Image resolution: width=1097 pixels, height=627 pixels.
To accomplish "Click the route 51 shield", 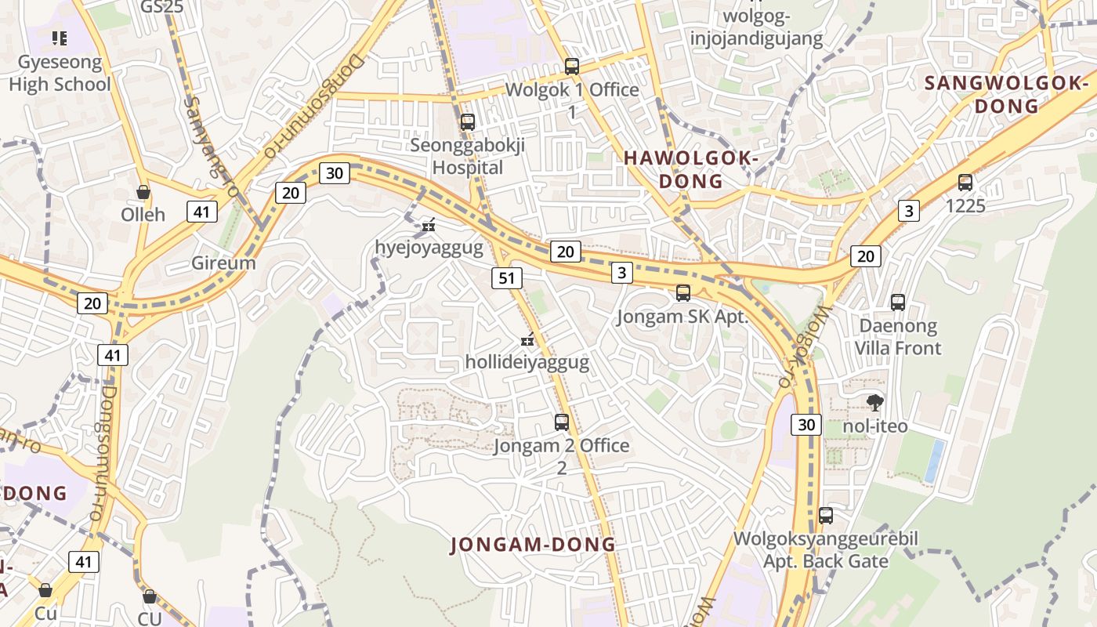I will click(507, 277).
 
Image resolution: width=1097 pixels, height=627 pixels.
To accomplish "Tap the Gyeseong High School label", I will click(60, 73).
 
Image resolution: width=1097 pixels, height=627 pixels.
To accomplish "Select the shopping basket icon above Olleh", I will click(143, 192).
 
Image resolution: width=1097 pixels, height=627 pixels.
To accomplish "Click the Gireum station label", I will click(223, 263).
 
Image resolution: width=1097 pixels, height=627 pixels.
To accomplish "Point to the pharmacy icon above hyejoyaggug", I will click(428, 226).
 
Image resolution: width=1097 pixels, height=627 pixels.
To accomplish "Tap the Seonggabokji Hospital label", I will click(468, 156).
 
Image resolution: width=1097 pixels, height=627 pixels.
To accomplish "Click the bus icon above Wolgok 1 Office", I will click(572, 67).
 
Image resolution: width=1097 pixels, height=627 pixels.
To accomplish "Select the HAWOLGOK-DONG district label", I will click(691, 169).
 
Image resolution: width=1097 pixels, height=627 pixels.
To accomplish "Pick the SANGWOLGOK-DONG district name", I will click(1007, 94).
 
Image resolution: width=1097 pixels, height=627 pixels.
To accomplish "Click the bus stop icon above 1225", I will click(965, 183).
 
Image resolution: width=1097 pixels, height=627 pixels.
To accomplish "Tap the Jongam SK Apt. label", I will click(682, 317).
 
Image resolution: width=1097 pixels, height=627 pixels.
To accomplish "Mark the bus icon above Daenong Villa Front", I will click(898, 302).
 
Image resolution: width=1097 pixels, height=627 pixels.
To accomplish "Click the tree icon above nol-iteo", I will click(874, 403).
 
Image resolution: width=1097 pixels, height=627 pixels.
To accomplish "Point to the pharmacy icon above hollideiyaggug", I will click(527, 340).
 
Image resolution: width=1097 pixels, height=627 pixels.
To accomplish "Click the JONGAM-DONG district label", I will click(533, 545).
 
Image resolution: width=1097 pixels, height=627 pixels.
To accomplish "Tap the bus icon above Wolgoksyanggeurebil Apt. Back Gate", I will click(826, 516).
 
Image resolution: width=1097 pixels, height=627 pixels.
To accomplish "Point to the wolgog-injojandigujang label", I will click(756, 27).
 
